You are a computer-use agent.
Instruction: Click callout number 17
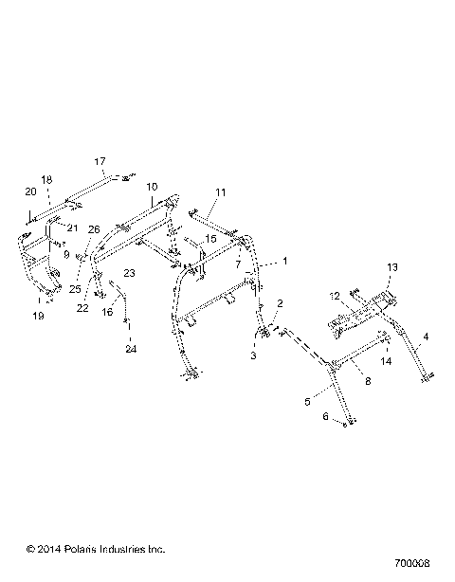click(x=100, y=160)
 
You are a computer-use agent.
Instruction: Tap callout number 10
click(x=153, y=188)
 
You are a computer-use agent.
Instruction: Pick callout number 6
click(x=326, y=416)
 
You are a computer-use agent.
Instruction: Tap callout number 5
click(x=306, y=402)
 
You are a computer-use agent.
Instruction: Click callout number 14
click(x=387, y=361)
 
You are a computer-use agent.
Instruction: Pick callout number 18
click(x=45, y=179)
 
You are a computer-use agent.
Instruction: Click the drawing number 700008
click(x=418, y=549)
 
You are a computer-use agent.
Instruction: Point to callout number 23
click(x=130, y=273)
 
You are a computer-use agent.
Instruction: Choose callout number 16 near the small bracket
click(x=107, y=311)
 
